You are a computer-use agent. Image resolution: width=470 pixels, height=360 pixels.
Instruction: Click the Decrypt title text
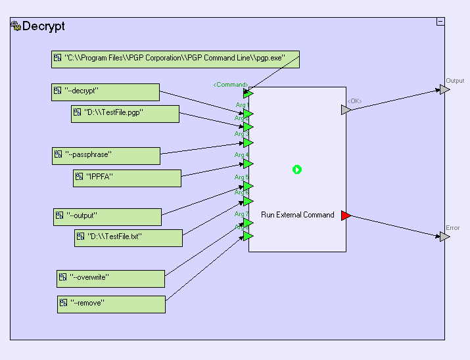(x=43, y=27)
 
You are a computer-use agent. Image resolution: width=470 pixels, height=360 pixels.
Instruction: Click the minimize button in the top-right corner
(x=440, y=22)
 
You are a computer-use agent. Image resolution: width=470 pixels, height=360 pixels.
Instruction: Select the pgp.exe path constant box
(x=176, y=58)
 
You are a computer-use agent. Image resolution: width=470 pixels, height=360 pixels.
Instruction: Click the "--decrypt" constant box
(x=106, y=92)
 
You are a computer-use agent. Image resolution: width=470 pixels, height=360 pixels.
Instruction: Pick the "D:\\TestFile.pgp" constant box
(x=125, y=114)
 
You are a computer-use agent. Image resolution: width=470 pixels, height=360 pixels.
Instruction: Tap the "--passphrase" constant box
(x=106, y=156)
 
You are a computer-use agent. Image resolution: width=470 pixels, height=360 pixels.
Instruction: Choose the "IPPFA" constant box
(x=127, y=177)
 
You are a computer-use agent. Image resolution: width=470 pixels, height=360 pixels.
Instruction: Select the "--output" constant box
(x=107, y=217)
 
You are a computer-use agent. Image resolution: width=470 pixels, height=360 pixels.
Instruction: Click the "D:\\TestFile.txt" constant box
(x=128, y=238)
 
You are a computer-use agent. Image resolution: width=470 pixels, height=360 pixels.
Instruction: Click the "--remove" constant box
(x=111, y=304)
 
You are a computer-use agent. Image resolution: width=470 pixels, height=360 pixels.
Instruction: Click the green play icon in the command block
(x=297, y=169)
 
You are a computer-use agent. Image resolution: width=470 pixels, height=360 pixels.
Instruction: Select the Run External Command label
(x=297, y=215)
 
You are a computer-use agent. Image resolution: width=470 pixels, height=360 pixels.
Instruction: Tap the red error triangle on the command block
(x=346, y=215)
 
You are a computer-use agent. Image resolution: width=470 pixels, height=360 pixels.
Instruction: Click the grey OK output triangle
(x=346, y=110)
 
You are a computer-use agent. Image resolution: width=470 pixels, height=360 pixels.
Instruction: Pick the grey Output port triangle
(x=445, y=90)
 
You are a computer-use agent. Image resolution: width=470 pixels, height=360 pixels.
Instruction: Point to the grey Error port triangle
(x=445, y=236)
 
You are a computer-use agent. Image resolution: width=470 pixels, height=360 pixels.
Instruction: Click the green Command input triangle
(x=248, y=94)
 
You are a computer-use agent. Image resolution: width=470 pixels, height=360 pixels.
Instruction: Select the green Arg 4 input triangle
(x=248, y=164)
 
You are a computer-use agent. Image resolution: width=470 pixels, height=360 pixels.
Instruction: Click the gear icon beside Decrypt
(x=16, y=27)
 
